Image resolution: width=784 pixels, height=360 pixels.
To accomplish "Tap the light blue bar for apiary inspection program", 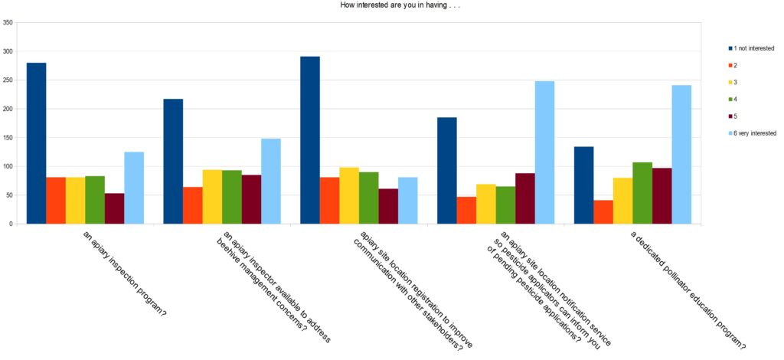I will pyautogui.click(x=134, y=188).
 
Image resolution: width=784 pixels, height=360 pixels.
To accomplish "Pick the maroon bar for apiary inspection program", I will pyautogui.click(x=114, y=208).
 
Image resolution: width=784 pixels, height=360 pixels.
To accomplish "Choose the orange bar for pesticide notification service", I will pyautogui.click(x=466, y=210).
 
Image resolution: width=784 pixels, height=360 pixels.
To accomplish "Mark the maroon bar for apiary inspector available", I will pyautogui.click(x=251, y=199).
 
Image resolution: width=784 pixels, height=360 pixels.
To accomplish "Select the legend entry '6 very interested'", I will pyautogui.click(x=756, y=133).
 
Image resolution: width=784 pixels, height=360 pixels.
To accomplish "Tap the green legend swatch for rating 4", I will pyautogui.click(x=730, y=99).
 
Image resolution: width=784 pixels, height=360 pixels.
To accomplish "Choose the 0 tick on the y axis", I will pyautogui.click(x=11, y=224).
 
